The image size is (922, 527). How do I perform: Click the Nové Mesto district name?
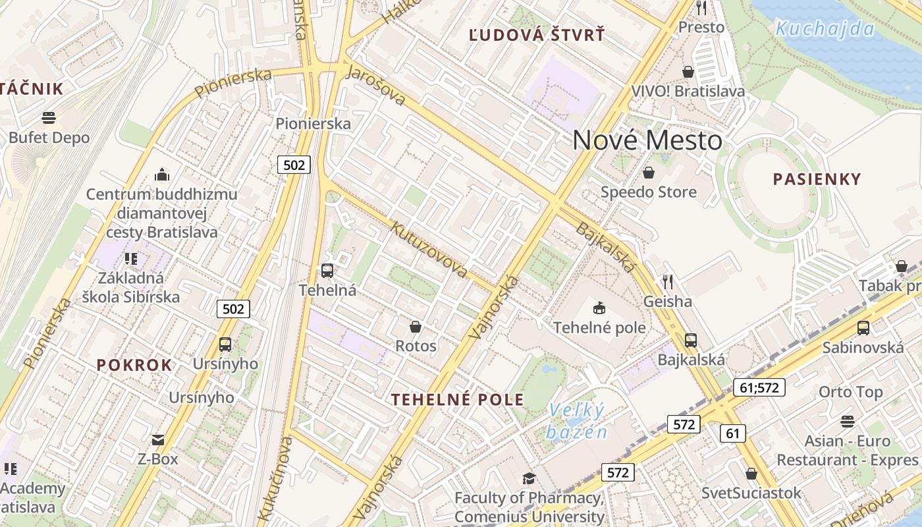click(x=647, y=140)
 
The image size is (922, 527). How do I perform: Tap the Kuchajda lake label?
click(x=825, y=28)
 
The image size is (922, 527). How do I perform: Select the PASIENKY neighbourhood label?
click(x=817, y=179)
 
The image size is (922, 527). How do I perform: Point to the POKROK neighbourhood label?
click(x=134, y=365)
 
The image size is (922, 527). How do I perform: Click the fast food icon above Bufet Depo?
click(x=49, y=118)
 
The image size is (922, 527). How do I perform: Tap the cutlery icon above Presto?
click(x=701, y=8)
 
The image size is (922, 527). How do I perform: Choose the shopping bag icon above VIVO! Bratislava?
click(x=688, y=71)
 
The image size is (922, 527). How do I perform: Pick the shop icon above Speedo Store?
click(x=649, y=173)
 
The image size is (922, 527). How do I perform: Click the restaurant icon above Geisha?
click(x=668, y=282)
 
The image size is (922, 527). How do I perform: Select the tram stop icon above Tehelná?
click(x=327, y=270)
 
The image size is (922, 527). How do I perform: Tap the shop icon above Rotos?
click(x=416, y=326)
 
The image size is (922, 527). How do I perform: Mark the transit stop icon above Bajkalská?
click(x=691, y=341)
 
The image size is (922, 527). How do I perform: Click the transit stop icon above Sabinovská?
click(x=863, y=327)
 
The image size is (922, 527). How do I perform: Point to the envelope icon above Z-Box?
click(x=158, y=439)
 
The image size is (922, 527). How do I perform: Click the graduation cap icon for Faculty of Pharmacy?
click(x=529, y=478)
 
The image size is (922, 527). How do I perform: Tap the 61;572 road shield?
click(x=759, y=387)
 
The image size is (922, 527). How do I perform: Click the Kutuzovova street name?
click(x=429, y=250)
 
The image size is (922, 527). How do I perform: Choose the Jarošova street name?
click(x=375, y=85)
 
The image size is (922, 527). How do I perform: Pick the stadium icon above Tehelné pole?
click(x=599, y=308)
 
